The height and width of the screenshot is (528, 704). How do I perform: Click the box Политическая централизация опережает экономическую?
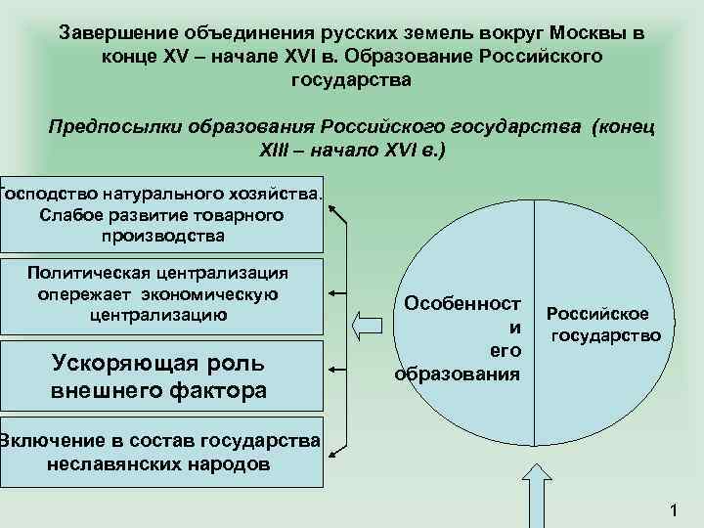[161, 294]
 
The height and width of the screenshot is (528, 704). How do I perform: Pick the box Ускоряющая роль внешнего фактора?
[161, 375]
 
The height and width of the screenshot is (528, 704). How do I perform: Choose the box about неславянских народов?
[161, 451]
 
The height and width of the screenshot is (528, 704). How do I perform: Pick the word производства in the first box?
[162, 236]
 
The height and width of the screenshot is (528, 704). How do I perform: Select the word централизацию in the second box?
[158, 315]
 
